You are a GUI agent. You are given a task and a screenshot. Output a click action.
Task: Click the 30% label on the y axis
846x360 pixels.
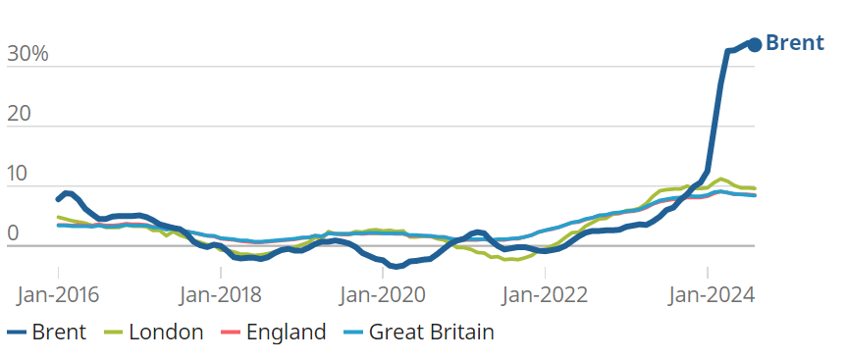27,54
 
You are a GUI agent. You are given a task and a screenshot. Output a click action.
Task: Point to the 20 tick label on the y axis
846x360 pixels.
19,114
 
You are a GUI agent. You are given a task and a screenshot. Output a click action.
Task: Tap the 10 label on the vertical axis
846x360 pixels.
18,174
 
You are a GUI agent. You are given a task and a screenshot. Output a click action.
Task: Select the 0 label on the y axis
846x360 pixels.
13,233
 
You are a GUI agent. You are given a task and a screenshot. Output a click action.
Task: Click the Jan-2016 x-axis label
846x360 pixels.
58,295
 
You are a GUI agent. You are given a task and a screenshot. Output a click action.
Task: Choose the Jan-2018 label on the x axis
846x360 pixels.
221,295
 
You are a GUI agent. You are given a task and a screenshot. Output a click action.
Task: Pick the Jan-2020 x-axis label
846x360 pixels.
383,295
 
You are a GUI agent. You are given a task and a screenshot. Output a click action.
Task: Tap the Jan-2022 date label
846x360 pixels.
546,295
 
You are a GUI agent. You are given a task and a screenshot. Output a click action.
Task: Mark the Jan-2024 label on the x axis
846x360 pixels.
708,295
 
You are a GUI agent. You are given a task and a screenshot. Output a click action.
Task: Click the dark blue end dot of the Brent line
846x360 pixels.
755,45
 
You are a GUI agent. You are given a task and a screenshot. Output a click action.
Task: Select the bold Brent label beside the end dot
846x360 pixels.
795,42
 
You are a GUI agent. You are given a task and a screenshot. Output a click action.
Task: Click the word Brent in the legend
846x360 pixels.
59,332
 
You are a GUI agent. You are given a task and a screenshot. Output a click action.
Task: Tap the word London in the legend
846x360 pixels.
166,332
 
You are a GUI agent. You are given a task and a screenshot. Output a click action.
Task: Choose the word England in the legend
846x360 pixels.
286,332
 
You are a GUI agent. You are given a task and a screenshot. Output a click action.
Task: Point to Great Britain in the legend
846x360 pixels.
432,332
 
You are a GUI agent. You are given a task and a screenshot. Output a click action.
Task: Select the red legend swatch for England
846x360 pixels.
231,333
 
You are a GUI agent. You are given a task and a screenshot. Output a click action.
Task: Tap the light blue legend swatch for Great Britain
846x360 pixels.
353,333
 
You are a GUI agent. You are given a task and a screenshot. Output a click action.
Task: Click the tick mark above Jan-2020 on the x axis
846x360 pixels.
383,272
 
